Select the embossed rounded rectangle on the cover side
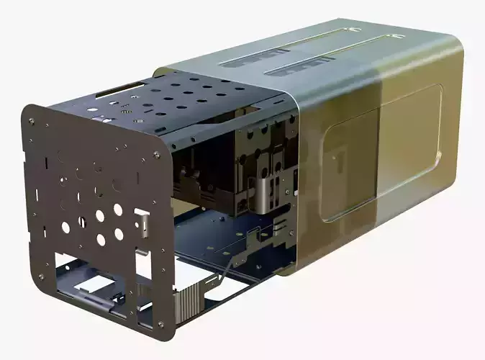point(381,151)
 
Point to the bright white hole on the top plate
point(125,112)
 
